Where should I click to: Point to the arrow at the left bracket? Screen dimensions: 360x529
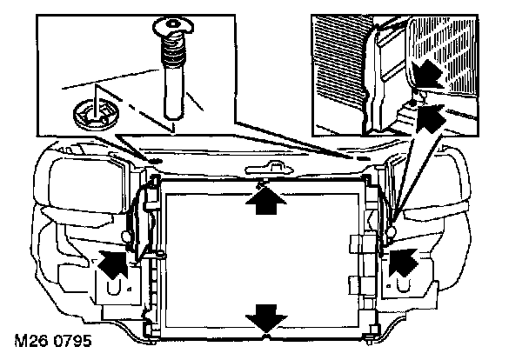click(x=114, y=261)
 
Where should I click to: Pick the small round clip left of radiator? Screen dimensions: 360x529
click(x=129, y=236)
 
